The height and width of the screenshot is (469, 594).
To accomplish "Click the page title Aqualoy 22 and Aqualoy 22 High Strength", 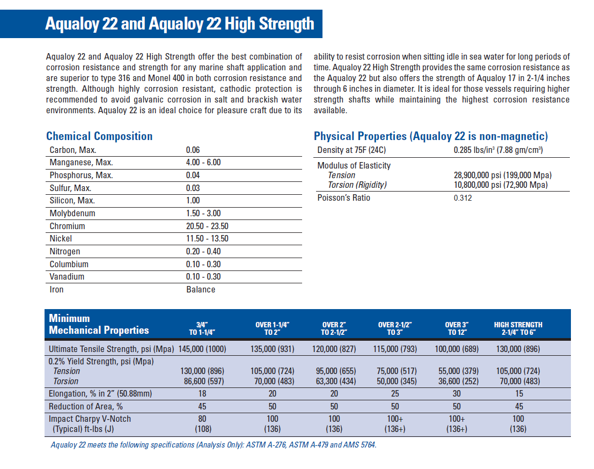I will pos(180,24).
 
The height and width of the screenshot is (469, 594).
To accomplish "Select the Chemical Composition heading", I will pos(99,136).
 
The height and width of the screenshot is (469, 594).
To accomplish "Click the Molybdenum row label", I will pos(72,214).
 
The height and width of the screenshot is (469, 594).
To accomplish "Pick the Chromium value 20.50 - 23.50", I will pos(207,226).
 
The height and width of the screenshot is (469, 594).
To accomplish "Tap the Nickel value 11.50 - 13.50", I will pos(207,239).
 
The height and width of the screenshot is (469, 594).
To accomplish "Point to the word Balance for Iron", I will pos(201,290).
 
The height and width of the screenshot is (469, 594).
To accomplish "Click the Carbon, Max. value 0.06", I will pos(193,150).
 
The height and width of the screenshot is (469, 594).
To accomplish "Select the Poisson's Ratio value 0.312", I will pos(463,198).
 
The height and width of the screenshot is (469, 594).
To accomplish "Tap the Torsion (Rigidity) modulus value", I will pos(502,185).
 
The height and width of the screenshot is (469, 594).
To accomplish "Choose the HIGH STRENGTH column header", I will pos(518,328).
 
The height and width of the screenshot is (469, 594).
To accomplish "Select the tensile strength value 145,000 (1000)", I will pos(202,349).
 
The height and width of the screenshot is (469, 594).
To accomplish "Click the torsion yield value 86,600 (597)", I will pos(202,382).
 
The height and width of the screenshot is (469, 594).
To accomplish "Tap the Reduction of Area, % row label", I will pos(86,407).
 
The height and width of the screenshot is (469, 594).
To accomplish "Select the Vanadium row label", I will pos(67,277).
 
